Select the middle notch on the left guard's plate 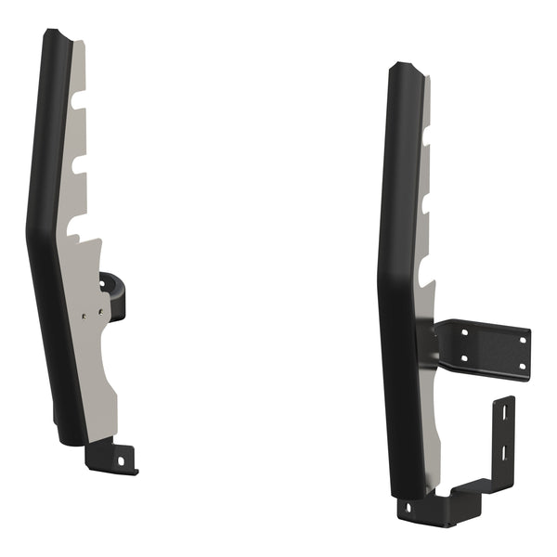[79, 163]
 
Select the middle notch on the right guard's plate [428, 203]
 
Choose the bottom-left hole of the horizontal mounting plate [462, 358]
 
